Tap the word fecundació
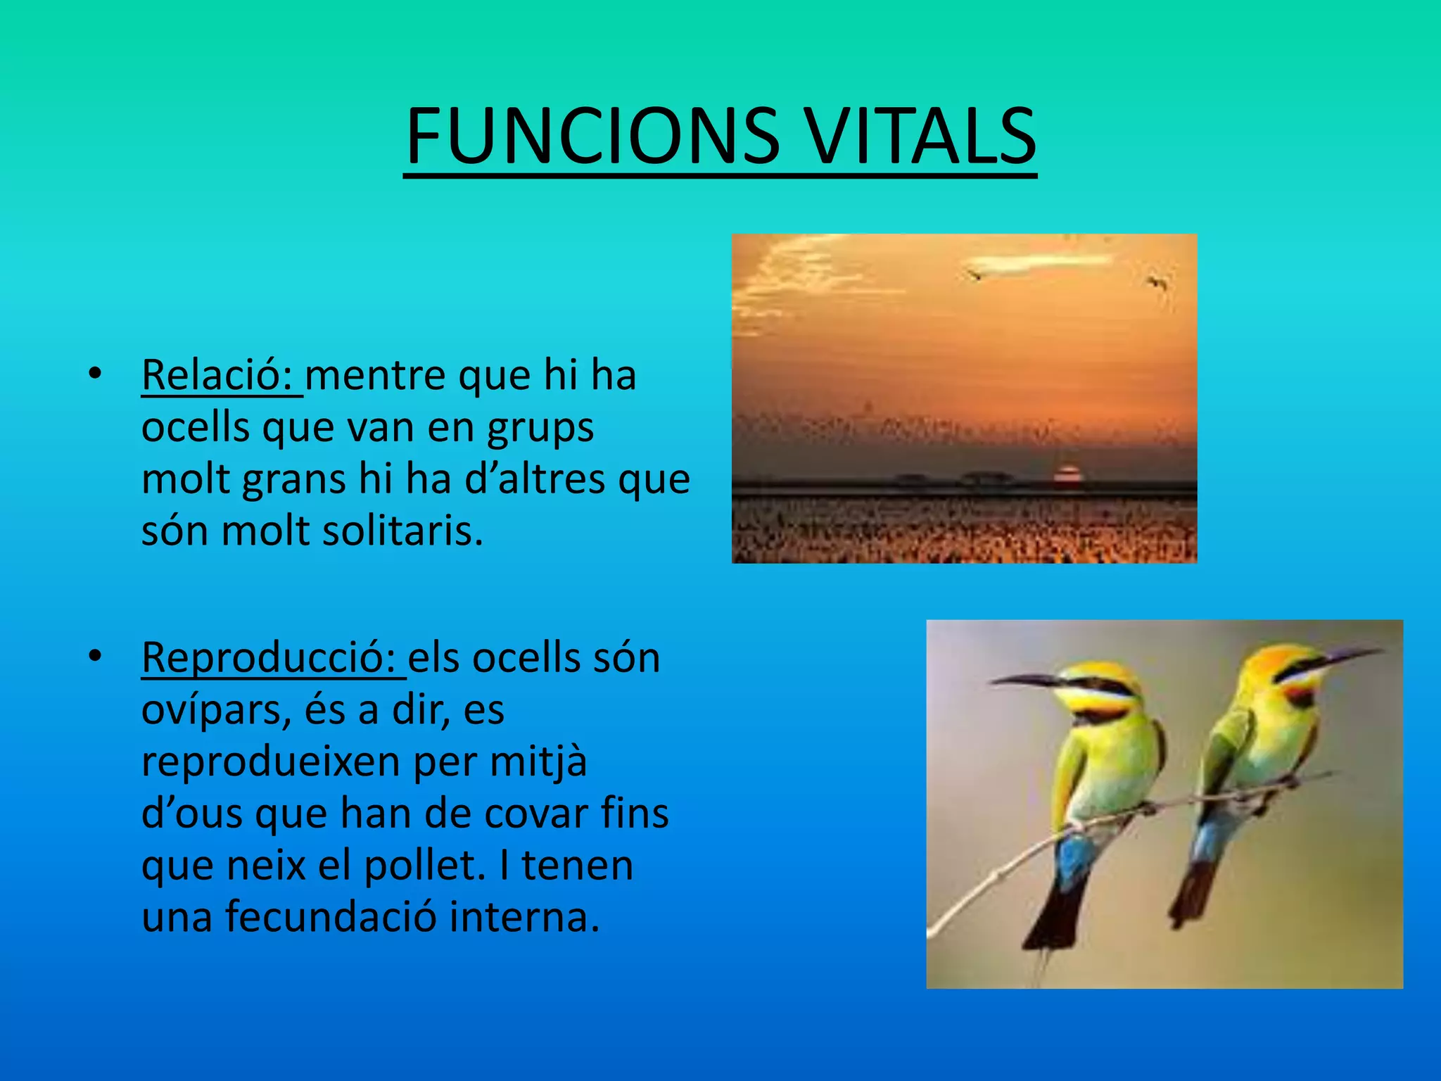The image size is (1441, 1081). [331, 917]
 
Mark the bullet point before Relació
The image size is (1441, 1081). [95, 373]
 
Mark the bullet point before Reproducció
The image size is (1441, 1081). [95, 656]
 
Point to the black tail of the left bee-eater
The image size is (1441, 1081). [1055, 915]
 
